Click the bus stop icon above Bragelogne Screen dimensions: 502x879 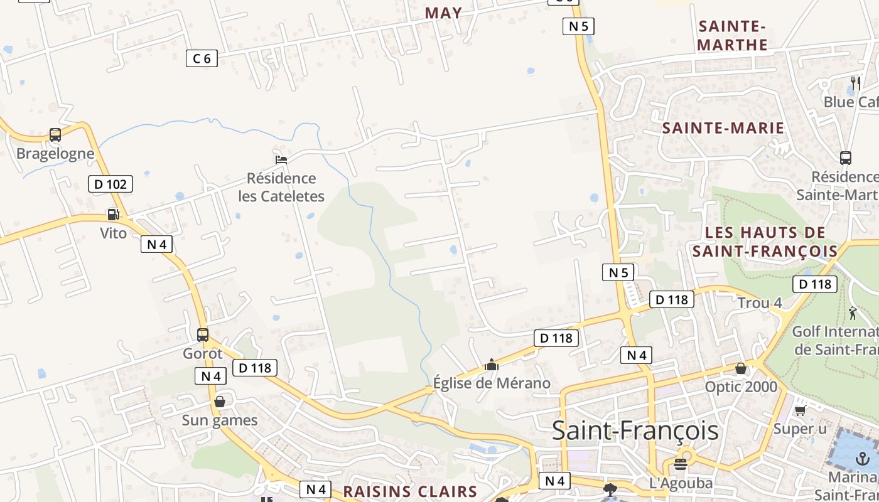(55, 134)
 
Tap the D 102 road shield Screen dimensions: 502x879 (110, 184)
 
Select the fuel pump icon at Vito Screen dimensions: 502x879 (113, 215)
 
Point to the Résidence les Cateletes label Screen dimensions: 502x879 (281, 187)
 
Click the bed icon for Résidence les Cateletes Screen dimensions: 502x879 (281, 159)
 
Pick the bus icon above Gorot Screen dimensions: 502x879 (202, 335)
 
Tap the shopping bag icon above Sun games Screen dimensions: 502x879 (220, 402)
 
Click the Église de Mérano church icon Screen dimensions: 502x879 (492, 365)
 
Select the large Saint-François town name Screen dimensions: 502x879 (635, 431)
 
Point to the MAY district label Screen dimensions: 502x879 (443, 13)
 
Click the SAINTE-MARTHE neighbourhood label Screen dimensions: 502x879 (732, 35)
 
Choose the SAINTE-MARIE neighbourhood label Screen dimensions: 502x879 (723, 128)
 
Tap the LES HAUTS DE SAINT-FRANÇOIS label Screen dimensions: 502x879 (765, 242)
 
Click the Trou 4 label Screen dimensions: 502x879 (760, 303)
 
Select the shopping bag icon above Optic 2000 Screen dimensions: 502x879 (741, 368)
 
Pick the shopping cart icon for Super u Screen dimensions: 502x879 (800, 410)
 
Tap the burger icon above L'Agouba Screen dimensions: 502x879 (681, 464)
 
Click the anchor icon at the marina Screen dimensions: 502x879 (864, 458)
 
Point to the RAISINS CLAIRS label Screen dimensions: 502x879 (410, 491)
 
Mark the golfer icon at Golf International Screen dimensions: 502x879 (853, 313)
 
